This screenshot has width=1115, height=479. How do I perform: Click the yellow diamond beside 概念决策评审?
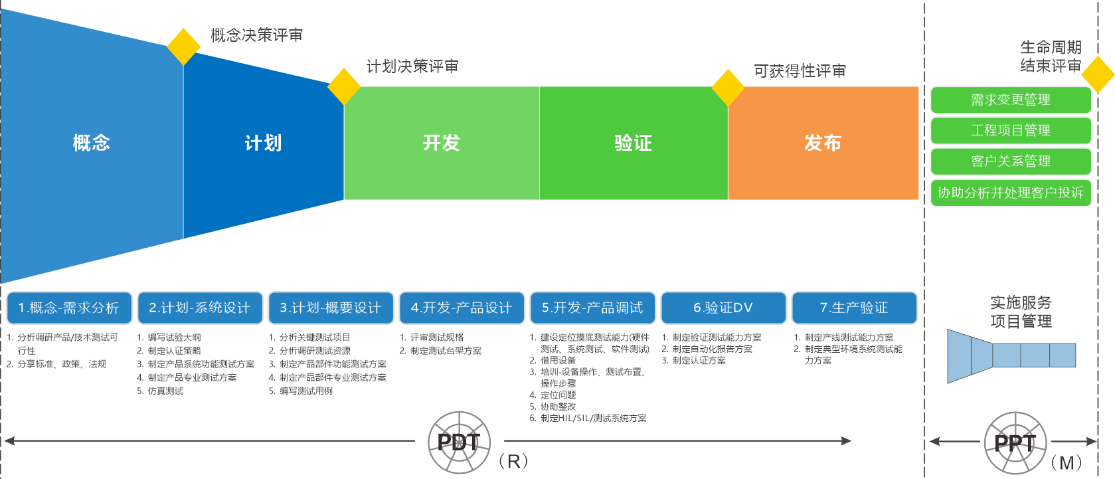(183, 47)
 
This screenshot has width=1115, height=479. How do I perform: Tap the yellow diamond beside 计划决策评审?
(344, 86)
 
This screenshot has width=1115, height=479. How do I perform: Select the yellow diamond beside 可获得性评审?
(728, 88)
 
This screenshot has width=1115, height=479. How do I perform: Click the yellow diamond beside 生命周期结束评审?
(1098, 74)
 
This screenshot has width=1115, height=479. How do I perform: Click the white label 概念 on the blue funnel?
(92, 143)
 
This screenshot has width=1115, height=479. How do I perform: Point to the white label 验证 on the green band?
(633, 143)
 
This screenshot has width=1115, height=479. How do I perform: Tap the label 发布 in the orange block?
(823, 143)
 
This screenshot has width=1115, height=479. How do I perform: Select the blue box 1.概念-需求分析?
(69, 308)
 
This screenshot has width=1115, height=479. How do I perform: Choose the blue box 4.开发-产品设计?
(462, 308)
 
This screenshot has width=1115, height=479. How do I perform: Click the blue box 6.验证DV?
(723, 308)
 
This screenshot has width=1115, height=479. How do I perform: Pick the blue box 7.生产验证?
(854, 308)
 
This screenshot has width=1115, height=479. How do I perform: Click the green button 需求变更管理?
(1010, 100)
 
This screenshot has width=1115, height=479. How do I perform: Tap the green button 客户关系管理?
(1010, 161)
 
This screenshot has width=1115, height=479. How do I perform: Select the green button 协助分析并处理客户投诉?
(1010, 193)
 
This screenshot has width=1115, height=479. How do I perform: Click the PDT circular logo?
(459, 442)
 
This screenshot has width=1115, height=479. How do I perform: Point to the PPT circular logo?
(1014, 442)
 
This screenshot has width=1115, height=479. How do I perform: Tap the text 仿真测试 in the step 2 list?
(165, 391)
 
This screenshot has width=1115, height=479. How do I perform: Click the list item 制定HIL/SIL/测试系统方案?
(593, 418)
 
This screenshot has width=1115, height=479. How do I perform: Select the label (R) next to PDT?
(513, 461)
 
